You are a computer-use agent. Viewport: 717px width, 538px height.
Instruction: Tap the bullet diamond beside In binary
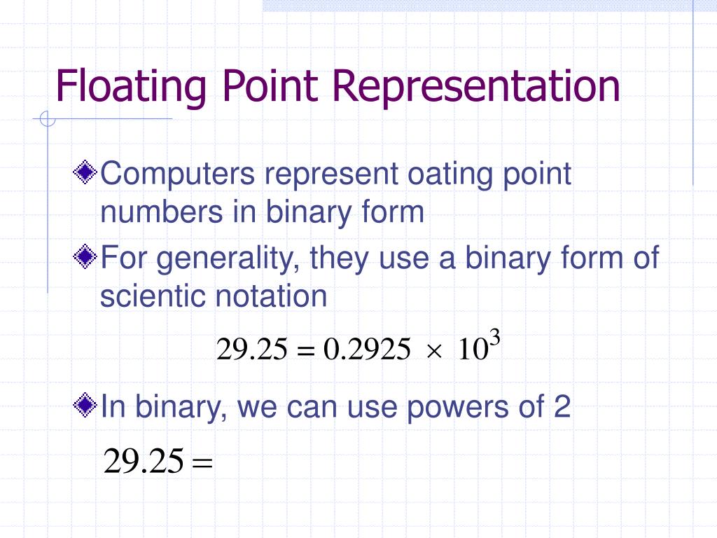(x=86, y=405)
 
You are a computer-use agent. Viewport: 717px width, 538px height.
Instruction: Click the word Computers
(x=178, y=174)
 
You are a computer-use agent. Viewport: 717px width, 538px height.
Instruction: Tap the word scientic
(x=146, y=296)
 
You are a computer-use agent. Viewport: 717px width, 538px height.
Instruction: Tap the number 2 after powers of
(x=562, y=406)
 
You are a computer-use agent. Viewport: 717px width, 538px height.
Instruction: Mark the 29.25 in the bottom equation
(x=144, y=462)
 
